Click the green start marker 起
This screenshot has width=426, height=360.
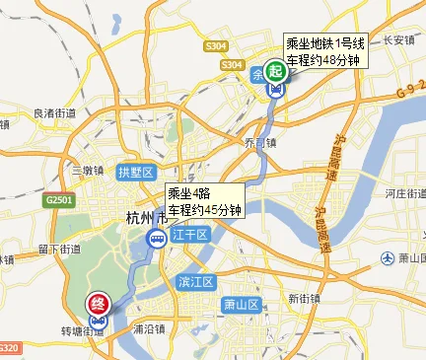point(276,69)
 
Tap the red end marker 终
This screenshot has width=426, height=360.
point(99,305)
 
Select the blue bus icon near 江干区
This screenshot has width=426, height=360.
point(157,239)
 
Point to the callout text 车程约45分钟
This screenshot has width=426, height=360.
point(204,209)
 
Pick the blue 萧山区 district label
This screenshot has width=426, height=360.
point(241,304)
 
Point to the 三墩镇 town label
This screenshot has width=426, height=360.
point(87,170)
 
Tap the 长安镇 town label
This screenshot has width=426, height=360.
point(398,40)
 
